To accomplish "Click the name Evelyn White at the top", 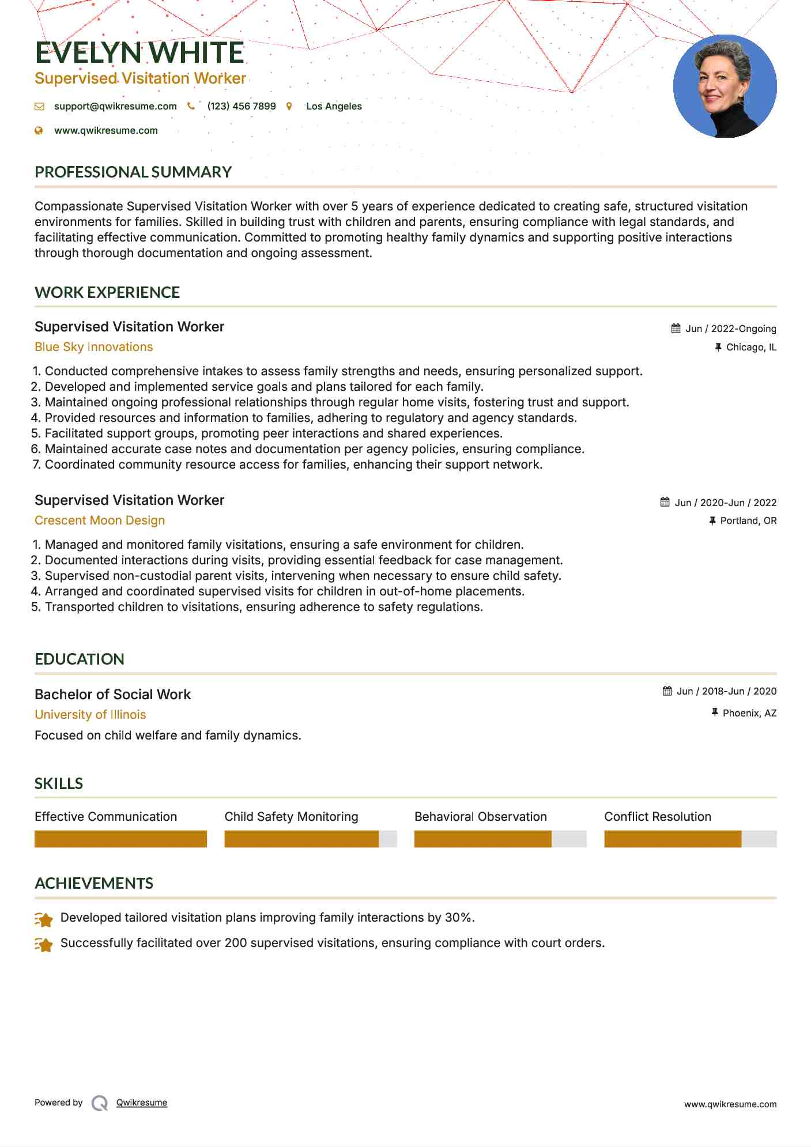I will tap(139, 53).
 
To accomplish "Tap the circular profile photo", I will tap(725, 86).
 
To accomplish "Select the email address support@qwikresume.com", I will tap(115, 106).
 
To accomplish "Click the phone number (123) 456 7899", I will tap(242, 106).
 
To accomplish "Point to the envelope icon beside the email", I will tap(39, 107).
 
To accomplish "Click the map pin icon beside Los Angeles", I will tap(289, 107).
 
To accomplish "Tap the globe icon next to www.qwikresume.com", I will tap(39, 131).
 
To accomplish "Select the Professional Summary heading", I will tap(133, 172).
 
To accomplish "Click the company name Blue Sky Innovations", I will tap(93, 347).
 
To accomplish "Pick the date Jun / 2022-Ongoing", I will tap(730, 329).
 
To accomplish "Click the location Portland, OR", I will tap(748, 520).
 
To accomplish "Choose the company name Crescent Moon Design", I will tap(100, 520).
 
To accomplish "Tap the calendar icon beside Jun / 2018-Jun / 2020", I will tap(667, 691).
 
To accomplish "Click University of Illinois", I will tap(90, 715).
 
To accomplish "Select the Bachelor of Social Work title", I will tap(112, 695).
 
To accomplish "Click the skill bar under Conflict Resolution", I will tap(690, 839).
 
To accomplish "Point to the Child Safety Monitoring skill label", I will tap(291, 817).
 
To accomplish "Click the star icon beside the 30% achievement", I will tap(44, 919).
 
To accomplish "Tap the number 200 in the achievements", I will tap(236, 943).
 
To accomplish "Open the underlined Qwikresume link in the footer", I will tap(142, 1103).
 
